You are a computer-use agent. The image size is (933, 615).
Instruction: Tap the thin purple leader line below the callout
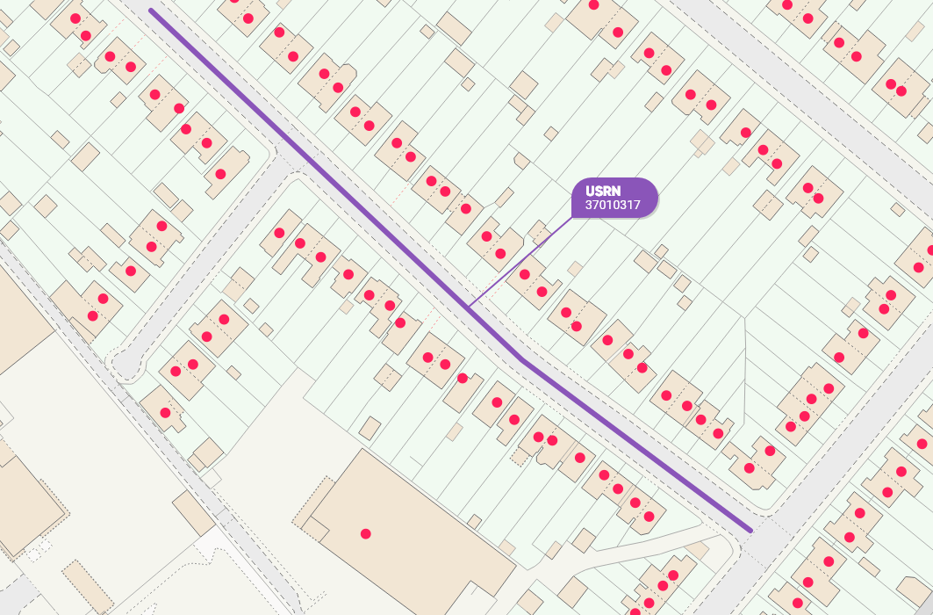(x=518, y=262)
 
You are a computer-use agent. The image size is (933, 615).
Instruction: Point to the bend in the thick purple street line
(x=523, y=359)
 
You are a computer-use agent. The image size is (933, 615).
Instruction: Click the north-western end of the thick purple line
(x=152, y=11)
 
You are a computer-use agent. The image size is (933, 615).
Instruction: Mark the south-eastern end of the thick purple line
(x=750, y=531)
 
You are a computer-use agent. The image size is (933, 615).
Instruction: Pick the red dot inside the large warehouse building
(x=365, y=533)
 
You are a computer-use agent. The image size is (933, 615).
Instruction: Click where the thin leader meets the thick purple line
(x=468, y=307)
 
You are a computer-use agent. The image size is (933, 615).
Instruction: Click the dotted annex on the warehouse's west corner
(x=313, y=518)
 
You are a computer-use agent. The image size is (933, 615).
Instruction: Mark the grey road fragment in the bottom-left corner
(x=18, y=597)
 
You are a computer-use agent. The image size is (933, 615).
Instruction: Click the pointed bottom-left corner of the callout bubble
(x=574, y=214)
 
